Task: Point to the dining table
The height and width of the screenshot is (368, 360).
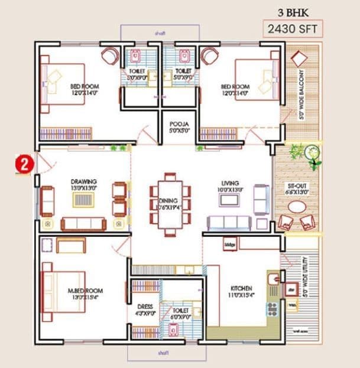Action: pos(170,200)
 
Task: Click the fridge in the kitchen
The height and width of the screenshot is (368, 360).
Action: pos(230,243)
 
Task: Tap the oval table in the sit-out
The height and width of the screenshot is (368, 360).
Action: pos(297,208)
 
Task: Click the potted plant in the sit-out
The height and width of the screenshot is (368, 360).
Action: pos(312,155)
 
